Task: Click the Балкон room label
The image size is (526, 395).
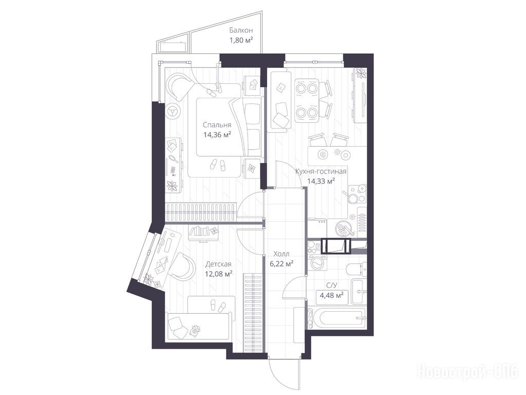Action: click(241, 30)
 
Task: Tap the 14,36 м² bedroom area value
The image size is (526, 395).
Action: click(217, 135)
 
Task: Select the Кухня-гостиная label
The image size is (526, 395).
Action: click(321, 172)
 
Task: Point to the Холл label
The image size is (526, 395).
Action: click(281, 254)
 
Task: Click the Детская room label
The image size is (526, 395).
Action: click(218, 264)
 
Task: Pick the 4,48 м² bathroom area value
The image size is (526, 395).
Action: click(331, 296)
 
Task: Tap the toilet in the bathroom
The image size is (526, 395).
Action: click(356, 268)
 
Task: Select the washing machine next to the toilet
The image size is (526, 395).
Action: click(316, 262)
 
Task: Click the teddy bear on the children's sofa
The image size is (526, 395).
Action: click(194, 331)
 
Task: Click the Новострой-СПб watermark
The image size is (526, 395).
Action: click(467, 371)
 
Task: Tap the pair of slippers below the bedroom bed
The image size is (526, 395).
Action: click(218, 164)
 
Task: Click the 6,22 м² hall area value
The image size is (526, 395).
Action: click(281, 264)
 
